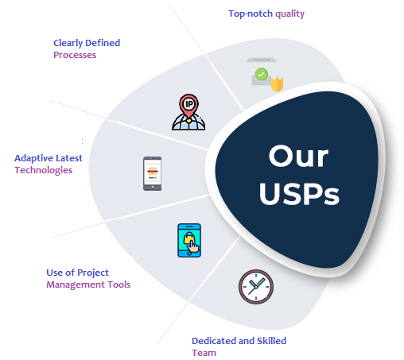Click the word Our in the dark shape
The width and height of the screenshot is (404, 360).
pos(298,156)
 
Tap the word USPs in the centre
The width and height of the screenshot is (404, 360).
pos(299,194)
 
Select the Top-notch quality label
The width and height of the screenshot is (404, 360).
pos(266,14)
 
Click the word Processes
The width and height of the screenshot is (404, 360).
pos(75,55)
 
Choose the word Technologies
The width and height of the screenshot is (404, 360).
pos(43,170)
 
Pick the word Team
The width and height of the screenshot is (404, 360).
pos(204,353)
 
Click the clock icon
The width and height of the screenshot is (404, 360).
pos(256,287)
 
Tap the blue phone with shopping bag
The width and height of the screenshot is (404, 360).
pos(189,240)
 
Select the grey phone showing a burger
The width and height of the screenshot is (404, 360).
pos(152,173)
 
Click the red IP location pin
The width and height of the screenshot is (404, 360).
pos(188,106)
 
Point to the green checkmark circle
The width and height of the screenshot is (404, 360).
pos(261,74)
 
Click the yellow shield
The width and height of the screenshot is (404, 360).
pos(277,84)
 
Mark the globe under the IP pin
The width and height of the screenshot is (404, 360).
pos(188,122)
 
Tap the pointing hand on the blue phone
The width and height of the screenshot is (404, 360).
pos(193,246)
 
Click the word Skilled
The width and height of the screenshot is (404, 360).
pos(271,341)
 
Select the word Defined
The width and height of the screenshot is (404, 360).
pos(103,43)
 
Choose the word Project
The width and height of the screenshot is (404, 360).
pos(93,273)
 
